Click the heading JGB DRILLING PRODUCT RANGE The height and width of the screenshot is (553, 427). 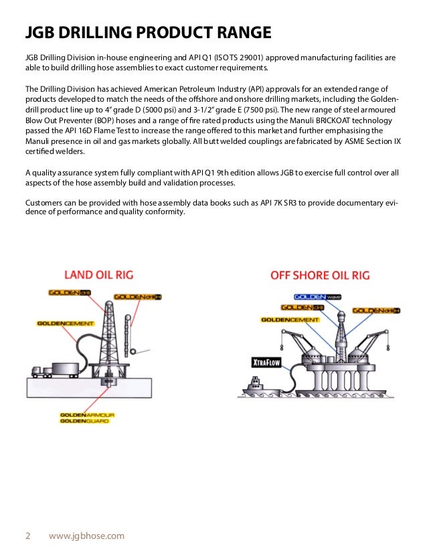(x=148, y=32)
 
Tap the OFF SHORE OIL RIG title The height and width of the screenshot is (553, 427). (x=320, y=274)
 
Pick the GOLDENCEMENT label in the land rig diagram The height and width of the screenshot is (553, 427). (x=65, y=322)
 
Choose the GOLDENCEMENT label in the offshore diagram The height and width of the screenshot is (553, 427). (x=290, y=320)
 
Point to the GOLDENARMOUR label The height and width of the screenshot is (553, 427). (x=87, y=415)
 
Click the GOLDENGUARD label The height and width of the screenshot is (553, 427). (x=84, y=422)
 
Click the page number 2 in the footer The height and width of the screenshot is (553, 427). (x=28, y=536)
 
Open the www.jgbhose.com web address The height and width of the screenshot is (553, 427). (x=87, y=536)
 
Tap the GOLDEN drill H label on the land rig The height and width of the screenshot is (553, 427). (x=137, y=297)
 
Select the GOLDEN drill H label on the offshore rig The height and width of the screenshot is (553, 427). (x=377, y=311)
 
